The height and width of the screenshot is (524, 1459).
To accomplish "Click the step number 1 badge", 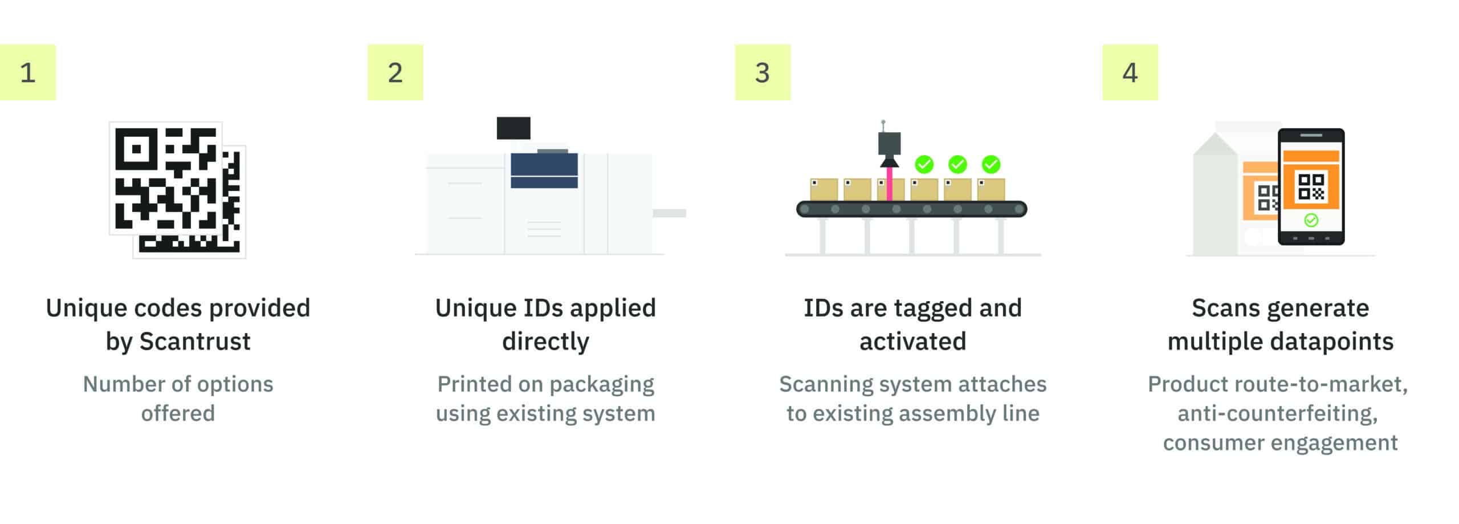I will pos(28,72).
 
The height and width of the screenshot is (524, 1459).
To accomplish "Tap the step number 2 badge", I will pos(395,72).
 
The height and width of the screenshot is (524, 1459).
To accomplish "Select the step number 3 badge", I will pos(763,72).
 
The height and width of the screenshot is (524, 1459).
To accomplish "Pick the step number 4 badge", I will pos(1130,72).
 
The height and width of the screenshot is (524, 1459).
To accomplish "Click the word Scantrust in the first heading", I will pos(195,342).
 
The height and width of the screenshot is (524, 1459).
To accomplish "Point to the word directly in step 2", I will pos(545,342).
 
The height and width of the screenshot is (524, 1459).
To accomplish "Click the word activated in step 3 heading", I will pos(912,342).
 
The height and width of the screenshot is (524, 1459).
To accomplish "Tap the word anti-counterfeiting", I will pos(1277,413).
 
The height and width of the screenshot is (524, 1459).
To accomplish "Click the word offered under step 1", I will pos(178,413).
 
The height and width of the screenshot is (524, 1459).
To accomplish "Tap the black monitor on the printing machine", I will pos(513,128).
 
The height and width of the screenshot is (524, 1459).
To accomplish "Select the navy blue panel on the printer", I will pos(544,170).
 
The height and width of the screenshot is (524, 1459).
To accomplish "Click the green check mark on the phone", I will pos(1311,220).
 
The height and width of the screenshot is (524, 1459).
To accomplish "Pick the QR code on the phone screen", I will pos(1311,186).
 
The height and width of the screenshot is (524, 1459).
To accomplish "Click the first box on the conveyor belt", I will pos(824,189).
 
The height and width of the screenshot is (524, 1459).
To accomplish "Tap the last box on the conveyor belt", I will pos(991,189).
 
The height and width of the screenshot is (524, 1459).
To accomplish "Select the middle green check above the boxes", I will pos(957,165).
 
